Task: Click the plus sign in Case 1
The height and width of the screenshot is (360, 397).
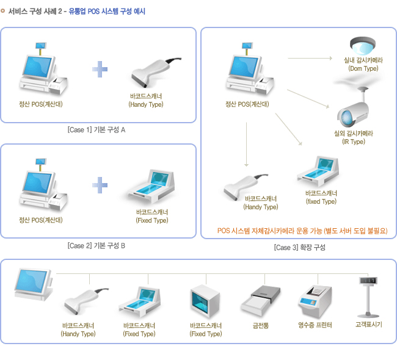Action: [x=100, y=69]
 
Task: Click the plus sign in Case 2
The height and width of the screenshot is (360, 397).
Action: [x=100, y=185]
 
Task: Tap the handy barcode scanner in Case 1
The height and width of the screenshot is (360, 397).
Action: [x=155, y=73]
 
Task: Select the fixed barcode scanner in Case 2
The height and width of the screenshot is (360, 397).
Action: [x=151, y=187]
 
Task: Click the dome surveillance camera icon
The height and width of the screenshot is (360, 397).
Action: [x=363, y=46]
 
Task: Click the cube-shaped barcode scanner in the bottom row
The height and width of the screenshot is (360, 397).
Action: [x=205, y=301]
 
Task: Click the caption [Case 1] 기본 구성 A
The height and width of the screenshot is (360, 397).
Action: [x=97, y=130]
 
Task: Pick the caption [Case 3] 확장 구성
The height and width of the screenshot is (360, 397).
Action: [x=299, y=247]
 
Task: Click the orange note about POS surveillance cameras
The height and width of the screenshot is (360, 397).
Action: [x=302, y=231]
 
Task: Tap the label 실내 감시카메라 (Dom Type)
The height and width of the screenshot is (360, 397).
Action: [x=363, y=64]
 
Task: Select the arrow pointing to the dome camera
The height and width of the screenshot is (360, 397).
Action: [x=310, y=58]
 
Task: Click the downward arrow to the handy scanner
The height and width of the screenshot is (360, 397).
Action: [x=246, y=144]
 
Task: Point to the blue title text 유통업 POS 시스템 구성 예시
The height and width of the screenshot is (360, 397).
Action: [x=107, y=12]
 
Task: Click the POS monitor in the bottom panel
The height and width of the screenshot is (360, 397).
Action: [x=34, y=284]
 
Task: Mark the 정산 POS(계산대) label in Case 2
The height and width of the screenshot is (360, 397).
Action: [x=41, y=220]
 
